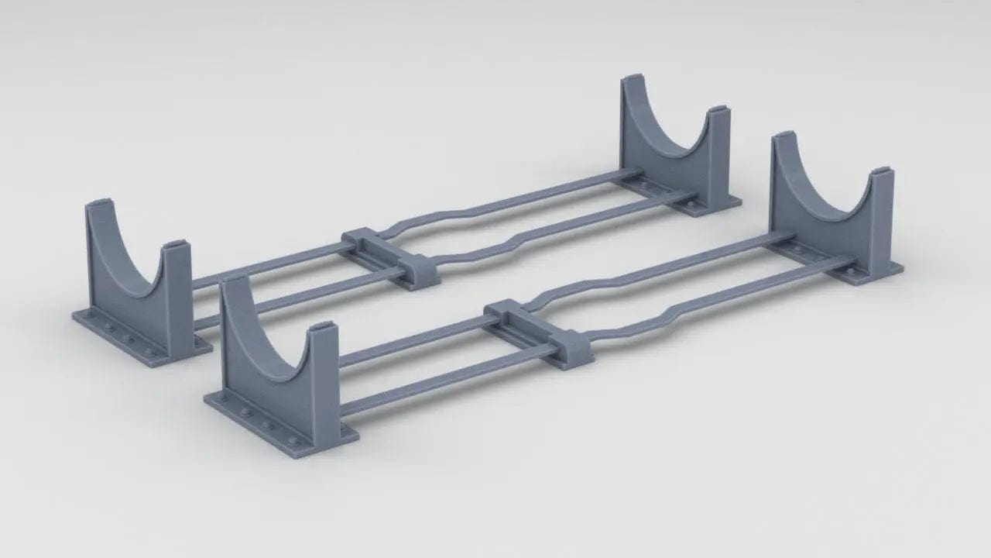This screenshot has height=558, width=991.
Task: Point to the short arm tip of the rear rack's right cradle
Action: click(x=717, y=112)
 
